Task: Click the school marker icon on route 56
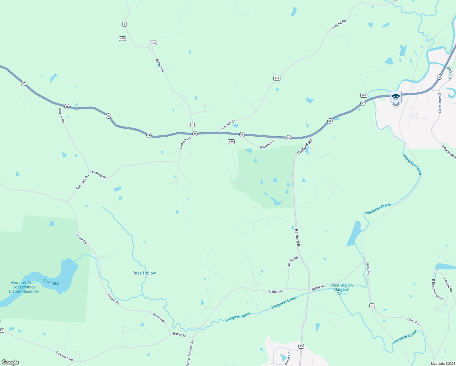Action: coord(396,97)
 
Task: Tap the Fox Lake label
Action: coord(51,282)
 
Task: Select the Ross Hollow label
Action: coord(144,273)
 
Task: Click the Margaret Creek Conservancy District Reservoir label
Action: coord(24,287)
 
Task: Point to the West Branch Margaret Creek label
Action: coord(341,289)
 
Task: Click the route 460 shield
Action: coord(122,38)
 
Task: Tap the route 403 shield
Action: coord(154,43)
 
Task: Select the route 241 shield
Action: coord(277,78)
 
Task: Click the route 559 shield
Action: coord(231,142)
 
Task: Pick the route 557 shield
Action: coord(363,95)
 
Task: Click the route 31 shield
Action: coord(372,306)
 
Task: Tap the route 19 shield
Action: coord(301,346)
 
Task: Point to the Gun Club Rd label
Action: coord(83,182)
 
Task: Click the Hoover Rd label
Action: coord(62,115)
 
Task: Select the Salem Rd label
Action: coord(160,65)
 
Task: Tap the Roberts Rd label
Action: coord(267,144)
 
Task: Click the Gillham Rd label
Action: coord(293,262)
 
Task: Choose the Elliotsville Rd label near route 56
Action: coord(439,103)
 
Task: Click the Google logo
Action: coord(10,362)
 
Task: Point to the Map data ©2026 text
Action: coord(442,364)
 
